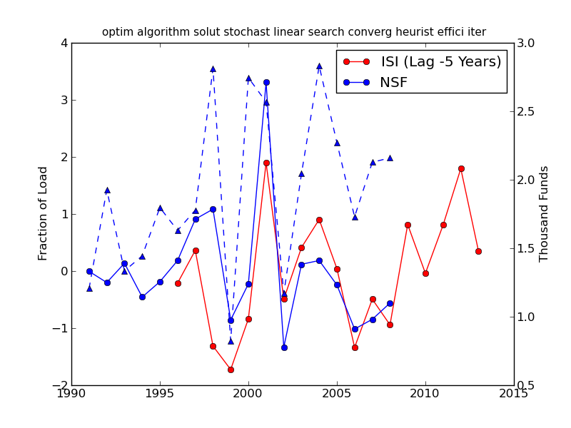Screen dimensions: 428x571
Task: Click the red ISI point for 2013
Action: pos(478,251)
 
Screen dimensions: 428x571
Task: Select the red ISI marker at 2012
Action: pos(461,168)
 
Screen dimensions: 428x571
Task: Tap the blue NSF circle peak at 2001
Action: pos(266,82)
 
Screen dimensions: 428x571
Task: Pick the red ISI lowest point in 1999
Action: pos(231,370)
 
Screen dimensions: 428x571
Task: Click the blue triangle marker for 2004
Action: pos(319,66)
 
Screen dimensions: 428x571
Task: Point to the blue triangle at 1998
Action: pos(213,68)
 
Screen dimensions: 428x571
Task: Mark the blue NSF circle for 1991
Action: pos(89,271)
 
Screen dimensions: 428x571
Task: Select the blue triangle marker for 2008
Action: pos(390,158)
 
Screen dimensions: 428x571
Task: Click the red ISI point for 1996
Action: pos(178,283)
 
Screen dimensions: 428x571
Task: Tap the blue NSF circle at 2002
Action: pos(284,347)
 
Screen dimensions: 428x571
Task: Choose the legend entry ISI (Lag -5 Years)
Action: pos(440,62)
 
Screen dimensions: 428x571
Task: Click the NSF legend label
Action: pos(393,83)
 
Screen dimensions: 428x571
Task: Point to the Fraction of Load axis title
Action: pos(44,213)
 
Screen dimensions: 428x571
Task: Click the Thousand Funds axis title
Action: pos(545,213)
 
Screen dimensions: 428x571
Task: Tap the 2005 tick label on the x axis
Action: pos(337,394)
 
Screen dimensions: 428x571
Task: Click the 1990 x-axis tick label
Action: pos(71,394)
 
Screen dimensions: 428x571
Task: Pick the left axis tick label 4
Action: pos(64,43)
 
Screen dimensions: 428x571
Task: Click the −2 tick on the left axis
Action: pos(61,385)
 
